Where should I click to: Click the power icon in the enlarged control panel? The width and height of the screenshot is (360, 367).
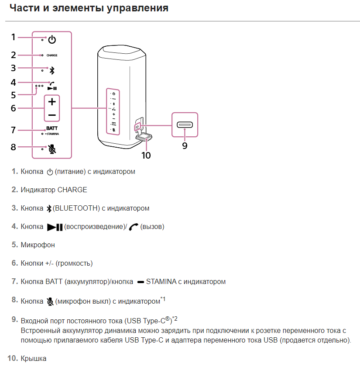pyautogui.click(x=52, y=40)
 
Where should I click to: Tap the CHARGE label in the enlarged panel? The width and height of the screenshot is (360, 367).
pyautogui.click(x=52, y=56)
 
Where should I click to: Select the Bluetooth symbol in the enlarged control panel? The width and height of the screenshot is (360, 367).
pyautogui.click(x=52, y=70)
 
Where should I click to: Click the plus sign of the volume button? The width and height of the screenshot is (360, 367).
pyautogui.click(x=52, y=102)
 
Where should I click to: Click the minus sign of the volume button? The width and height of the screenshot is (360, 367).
pyautogui.click(x=52, y=115)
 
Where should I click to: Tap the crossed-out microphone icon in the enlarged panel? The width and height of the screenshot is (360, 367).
pyautogui.click(x=52, y=149)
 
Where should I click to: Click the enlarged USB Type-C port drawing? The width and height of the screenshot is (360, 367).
pyautogui.click(x=185, y=125)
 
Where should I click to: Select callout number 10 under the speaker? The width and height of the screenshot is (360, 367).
pyautogui.click(x=146, y=155)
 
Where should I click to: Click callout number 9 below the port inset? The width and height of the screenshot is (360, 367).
pyautogui.click(x=185, y=146)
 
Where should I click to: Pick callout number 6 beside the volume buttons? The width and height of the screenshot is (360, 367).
pyautogui.click(x=14, y=108)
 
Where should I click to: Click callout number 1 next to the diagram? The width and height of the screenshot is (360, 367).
pyautogui.click(x=14, y=37)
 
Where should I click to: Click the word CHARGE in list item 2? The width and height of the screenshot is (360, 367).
pyautogui.click(x=72, y=190)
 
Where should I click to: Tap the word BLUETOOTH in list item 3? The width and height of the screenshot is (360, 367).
pyautogui.click(x=76, y=208)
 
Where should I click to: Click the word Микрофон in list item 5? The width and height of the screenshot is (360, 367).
pyautogui.click(x=38, y=245)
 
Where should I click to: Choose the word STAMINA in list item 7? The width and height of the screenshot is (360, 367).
pyautogui.click(x=161, y=282)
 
